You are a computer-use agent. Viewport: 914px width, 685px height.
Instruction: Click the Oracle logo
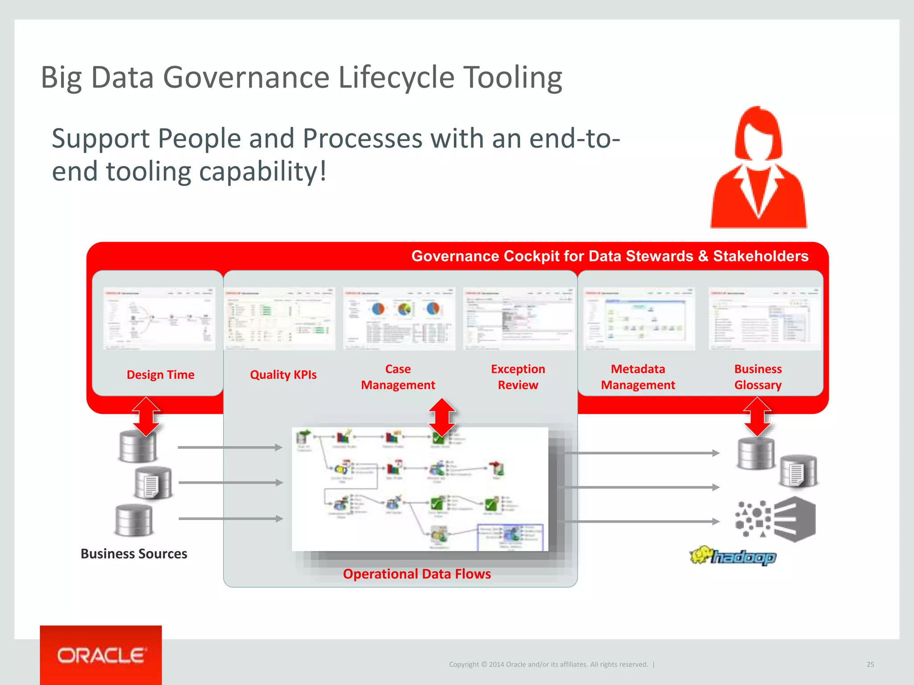point(101,655)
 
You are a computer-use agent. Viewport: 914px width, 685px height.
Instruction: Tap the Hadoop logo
point(733,556)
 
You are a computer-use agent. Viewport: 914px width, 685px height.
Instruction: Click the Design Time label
point(160,375)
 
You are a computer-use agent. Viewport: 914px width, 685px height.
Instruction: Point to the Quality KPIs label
point(283,375)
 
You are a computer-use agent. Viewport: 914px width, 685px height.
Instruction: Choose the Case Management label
point(398,377)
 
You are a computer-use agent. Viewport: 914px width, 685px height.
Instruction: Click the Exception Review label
point(518,377)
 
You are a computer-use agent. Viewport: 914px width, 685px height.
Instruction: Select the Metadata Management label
point(638,377)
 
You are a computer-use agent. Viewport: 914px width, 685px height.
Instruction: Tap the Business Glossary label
point(758,377)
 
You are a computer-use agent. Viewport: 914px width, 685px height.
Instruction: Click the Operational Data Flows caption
point(416,574)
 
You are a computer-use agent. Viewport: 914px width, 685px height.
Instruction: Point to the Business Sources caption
point(134,553)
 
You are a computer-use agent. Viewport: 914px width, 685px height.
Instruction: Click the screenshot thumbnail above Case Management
point(399,318)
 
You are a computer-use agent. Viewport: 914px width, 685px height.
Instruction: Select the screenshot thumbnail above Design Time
point(159,318)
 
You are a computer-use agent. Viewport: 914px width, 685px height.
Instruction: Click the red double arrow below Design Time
point(146,417)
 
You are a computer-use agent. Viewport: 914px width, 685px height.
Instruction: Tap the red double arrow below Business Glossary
point(757,417)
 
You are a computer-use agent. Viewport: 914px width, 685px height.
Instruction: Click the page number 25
point(870,664)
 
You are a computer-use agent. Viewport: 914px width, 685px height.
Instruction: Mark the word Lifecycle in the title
point(397,78)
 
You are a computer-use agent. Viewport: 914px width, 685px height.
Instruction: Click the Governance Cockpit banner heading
point(609,256)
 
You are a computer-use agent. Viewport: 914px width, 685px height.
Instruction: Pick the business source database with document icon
point(153,483)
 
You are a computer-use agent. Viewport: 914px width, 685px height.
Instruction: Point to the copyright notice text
point(548,664)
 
